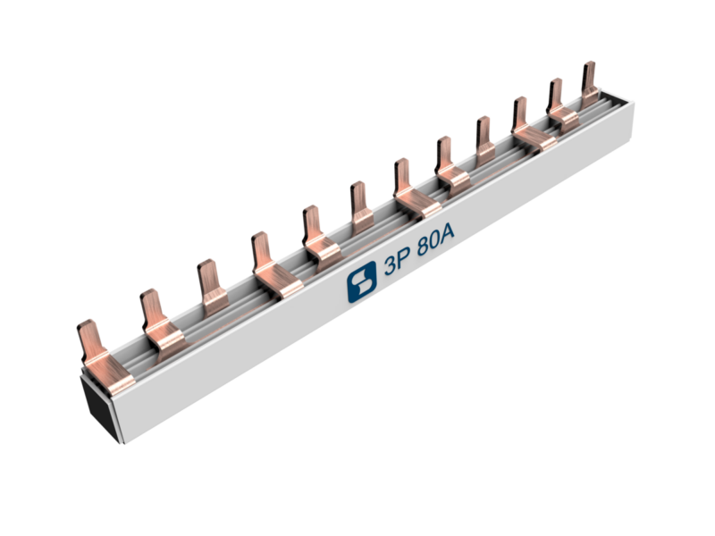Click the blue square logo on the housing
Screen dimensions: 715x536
tap(362, 282)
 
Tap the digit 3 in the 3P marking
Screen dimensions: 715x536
tap(391, 265)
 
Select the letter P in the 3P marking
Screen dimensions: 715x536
tap(404, 258)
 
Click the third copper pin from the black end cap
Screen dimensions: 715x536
tap(212, 288)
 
